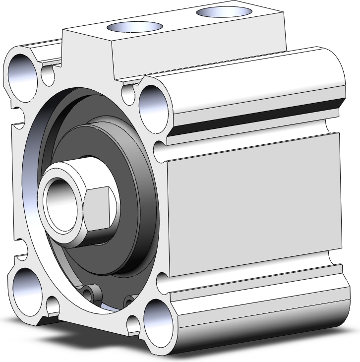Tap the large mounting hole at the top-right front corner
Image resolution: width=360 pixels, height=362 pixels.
[x=153, y=102]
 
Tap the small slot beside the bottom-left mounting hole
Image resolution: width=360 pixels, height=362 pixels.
[x=53, y=302]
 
